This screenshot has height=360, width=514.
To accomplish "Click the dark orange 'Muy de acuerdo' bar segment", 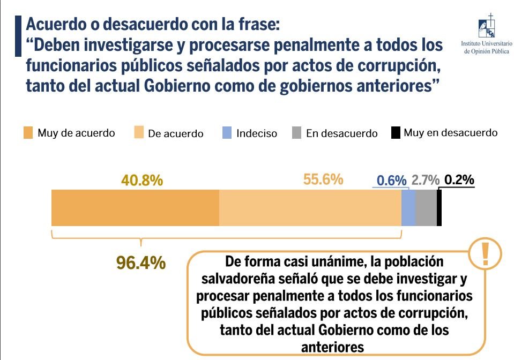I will [135, 207].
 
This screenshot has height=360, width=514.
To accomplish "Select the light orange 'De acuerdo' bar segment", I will [310, 207].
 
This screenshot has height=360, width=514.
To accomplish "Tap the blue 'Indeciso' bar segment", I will [408, 207].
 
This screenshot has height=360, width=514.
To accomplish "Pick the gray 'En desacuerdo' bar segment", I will [426, 207].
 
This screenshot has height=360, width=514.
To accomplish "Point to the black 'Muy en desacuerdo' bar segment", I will [439, 207].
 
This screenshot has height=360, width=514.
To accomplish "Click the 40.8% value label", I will [142, 181].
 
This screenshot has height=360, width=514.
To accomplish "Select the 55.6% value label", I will [323, 179].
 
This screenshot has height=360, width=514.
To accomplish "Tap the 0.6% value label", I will [392, 181].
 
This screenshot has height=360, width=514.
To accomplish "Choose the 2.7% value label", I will [426, 181].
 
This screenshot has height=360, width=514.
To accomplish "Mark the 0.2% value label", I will [459, 180].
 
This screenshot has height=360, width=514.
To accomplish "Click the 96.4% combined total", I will [141, 263].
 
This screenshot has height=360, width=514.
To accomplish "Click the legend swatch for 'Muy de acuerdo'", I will [27, 133].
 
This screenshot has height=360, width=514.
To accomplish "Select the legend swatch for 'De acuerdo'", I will [138, 133].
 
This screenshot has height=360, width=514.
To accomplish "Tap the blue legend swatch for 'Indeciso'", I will [227, 133].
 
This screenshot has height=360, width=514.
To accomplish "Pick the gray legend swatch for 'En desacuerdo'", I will [296, 133].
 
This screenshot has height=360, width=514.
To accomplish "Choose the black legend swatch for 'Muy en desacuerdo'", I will [396, 132].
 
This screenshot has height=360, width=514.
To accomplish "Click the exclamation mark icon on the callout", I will [486, 253].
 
